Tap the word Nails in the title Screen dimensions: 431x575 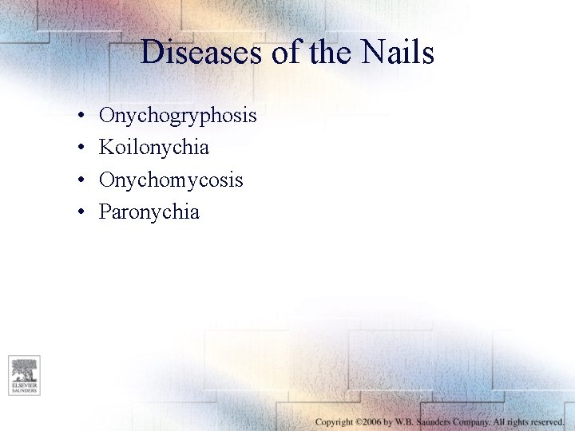397,53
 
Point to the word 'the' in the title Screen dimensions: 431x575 317,53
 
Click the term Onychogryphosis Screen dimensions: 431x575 177,116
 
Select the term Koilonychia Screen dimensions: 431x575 154,148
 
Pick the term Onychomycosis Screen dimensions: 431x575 171,180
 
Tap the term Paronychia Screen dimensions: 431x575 149,212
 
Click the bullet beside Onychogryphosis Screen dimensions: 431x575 82,117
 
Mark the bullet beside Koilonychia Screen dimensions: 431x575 82,148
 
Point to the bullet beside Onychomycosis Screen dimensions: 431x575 82,181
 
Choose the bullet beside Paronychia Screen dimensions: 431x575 82,213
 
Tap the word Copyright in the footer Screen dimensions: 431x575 334,421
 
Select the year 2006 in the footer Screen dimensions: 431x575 372,421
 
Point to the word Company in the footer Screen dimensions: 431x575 476,421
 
